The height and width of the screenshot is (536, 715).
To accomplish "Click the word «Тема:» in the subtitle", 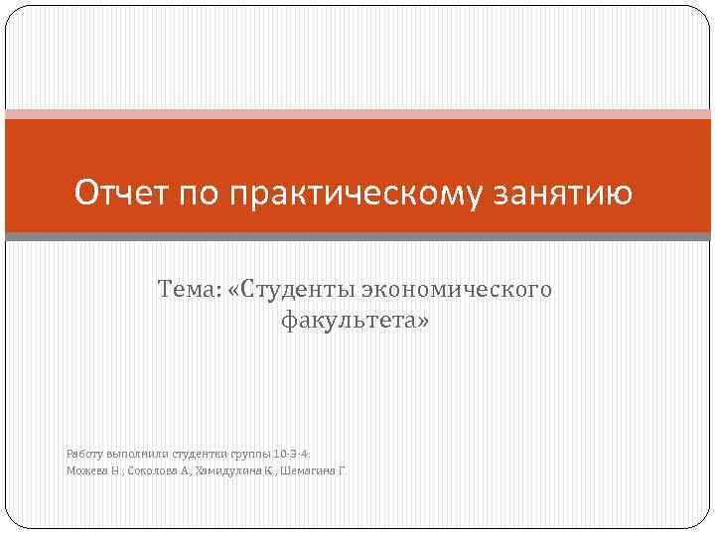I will click(x=188, y=290).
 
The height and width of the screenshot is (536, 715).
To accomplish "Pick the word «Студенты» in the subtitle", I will click(x=288, y=290).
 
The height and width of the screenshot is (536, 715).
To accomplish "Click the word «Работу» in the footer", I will click(x=83, y=452).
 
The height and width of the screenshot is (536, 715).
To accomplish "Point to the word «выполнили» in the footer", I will click(x=135, y=452).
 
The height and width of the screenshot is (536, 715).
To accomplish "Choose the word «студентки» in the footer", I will click(x=200, y=452).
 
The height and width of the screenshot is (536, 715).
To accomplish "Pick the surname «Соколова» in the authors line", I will click(x=149, y=469).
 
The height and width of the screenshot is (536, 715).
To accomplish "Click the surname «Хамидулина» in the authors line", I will click(x=222, y=469).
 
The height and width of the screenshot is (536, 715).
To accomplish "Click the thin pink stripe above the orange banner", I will click(x=357, y=114).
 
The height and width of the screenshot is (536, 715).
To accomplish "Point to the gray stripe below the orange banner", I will click(x=357, y=237).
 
